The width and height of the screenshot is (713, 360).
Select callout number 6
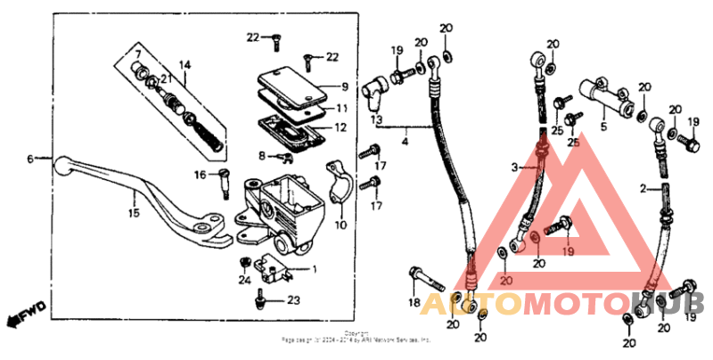[x=30, y=159]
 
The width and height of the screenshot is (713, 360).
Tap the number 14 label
[x=185, y=65]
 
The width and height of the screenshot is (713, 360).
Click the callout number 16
[x=201, y=175]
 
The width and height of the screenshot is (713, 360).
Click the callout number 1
[x=313, y=268]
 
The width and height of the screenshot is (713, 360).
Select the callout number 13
[x=377, y=119]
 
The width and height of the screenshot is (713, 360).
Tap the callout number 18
[x=413, y=303]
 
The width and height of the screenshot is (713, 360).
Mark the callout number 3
[x=515, y=167]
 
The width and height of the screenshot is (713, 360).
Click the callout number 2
[x=643, y=188]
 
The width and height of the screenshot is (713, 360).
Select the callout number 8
[x=262, y=156]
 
